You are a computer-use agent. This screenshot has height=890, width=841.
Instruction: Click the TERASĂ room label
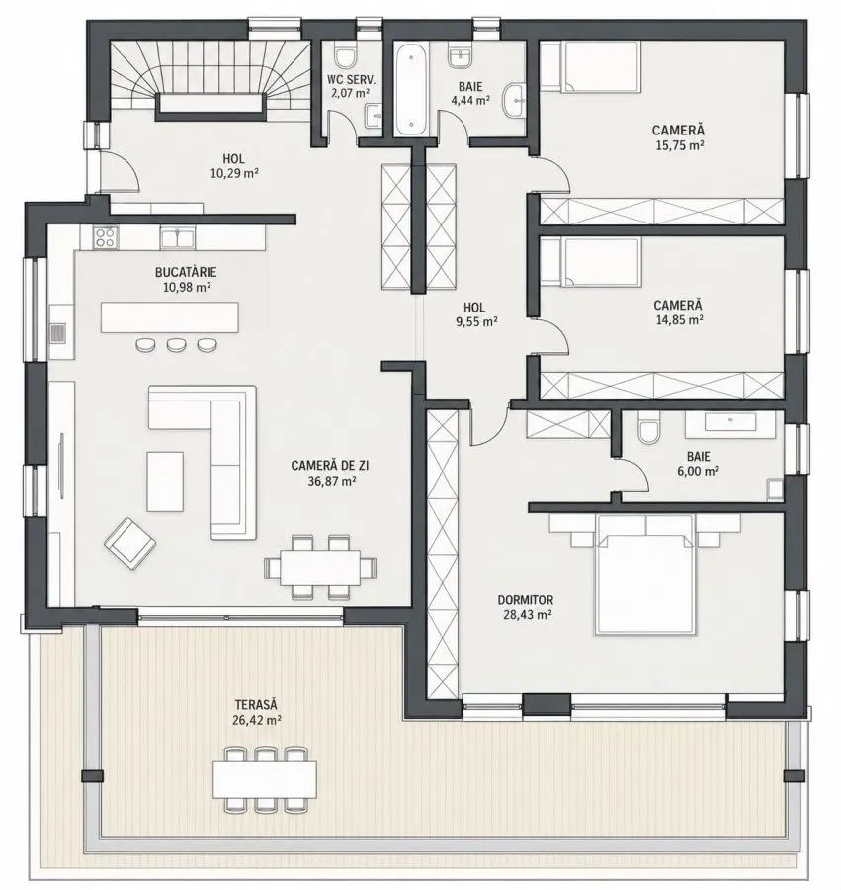(x=256, y=704)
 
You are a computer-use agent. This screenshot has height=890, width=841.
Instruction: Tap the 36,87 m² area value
(x=329, y=481)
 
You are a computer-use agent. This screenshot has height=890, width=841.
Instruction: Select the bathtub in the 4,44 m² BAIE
(x=412, y=90)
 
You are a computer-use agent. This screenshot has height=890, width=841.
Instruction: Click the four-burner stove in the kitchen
(x=106, y=236)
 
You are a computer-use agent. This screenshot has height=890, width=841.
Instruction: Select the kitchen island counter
(x=170, y=317)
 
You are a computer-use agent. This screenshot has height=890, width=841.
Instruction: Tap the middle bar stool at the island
(x=176, y=344)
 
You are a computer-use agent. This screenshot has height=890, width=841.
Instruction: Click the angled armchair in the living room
(x=130, y=543)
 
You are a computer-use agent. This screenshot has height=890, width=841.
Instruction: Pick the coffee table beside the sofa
(x=165, y=482)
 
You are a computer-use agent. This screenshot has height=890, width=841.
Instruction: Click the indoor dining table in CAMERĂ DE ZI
(x=320, y=567)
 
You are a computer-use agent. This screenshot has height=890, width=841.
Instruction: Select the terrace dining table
(x=265, y=779)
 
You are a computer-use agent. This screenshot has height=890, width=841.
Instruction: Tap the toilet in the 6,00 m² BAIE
(x=648, y=427)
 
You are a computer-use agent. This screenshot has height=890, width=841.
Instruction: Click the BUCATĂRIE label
(x=186, y=273)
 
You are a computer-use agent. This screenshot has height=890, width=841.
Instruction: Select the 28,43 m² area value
(x=528, y=613)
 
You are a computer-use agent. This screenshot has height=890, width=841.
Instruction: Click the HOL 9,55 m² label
(x=474, y=314)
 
